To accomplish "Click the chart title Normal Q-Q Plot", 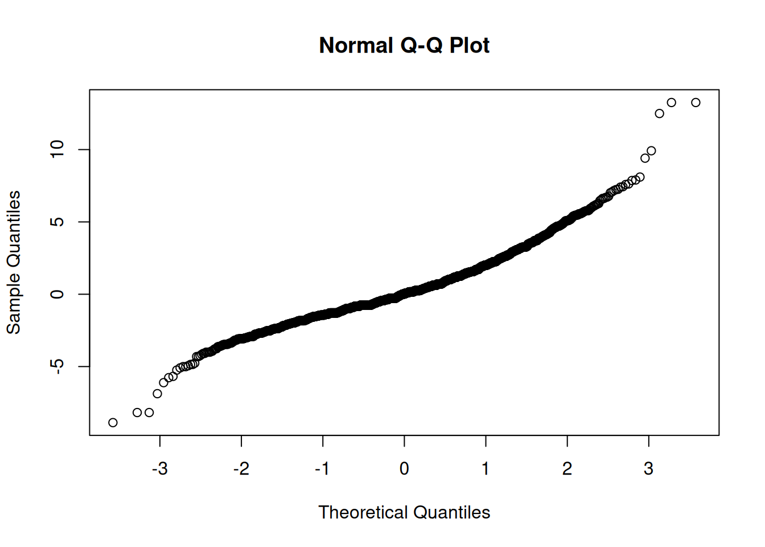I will click(404, 46).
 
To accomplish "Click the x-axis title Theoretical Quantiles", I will click(404, 512).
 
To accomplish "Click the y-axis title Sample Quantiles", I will click(14, 262).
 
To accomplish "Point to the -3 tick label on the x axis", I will click(159, 468).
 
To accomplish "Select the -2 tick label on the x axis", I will click(241, 468).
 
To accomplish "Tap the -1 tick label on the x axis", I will click(322, 468).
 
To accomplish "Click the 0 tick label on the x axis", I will click(404, 468).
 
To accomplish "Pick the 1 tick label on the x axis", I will click(486, 468).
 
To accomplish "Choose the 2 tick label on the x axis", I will click(567, 468).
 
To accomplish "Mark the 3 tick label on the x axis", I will click(648, 468).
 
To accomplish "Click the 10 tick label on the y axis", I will click(57, 149).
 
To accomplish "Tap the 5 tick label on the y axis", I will click(57, 222).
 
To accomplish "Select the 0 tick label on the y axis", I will click(57, 294).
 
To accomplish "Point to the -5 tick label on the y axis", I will click(57, 366).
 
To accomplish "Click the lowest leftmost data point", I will click(113, 423).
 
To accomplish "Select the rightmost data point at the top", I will click(696, 103).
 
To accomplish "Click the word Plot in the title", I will click(469, 46).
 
